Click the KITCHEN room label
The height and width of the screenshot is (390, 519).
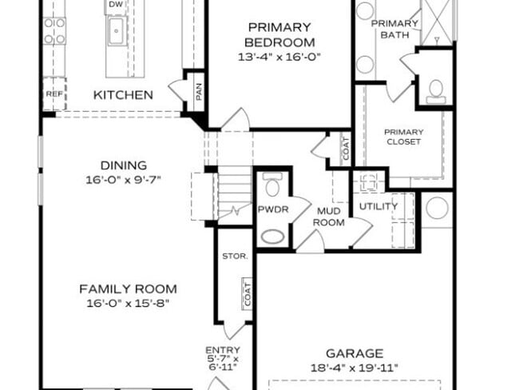coord(123,95)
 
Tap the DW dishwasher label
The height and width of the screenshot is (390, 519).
coord(116,6)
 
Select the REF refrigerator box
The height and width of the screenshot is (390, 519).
coord(53,94)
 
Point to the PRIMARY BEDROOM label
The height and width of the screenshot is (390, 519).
coord(279,34)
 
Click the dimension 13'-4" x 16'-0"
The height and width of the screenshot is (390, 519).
coord(279,57)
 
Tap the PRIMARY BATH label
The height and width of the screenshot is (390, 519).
coord(394,29)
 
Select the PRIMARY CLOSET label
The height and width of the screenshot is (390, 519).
coord(402,137)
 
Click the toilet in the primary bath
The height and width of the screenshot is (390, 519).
coord(436,91)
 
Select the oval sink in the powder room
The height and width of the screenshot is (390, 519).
coord(272,237)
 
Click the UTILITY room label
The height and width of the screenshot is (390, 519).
coord(378,206)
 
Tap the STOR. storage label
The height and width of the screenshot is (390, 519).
coord(236,257)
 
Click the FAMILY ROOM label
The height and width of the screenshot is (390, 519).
coord(128,289)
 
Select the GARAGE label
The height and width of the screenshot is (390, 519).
coord(355,352)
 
